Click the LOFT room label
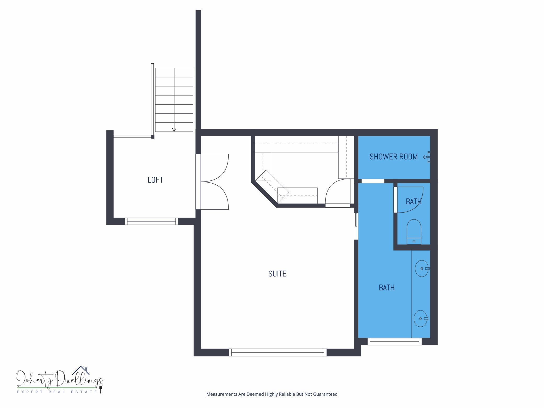click(x=155, y=180)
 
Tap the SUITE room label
click(x=277, y=274)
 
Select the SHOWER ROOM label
click(x=393, y=157)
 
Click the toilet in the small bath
click(x=414, y=231)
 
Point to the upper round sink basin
click(x=422, y=269)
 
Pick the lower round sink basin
click(x=421, y=319)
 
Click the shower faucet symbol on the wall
click(x=427, y=157)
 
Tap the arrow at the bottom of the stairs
click(x=174, y=129)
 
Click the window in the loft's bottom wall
click(x=151, y=221)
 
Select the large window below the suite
click(x=278, y=352)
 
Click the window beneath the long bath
click(x=394, y=341)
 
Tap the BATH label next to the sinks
click(x=387, y=288)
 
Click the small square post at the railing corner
click(x=153, y=137)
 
